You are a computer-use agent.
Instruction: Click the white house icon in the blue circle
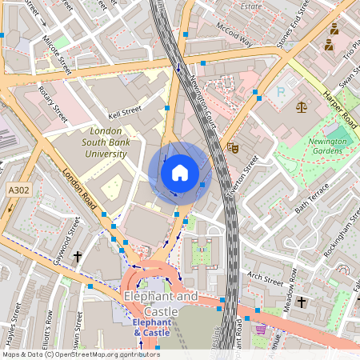[180, 173]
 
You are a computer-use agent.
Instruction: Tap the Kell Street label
[124, 114]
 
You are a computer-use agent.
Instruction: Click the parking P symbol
[280, 92]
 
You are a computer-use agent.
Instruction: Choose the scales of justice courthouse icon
[302, 106]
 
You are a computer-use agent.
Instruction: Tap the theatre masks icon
[233, 147]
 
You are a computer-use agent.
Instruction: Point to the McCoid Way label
[234, 34]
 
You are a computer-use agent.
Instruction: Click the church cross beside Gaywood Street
[78, 256]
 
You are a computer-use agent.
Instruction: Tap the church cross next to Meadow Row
[301, 302]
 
